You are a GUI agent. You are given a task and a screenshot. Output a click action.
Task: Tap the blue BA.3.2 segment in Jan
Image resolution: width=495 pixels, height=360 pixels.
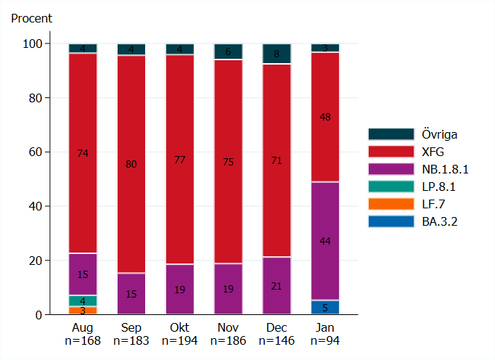pos(325,308)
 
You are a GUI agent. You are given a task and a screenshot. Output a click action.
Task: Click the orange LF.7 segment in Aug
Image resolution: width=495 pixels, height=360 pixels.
pos(83,311)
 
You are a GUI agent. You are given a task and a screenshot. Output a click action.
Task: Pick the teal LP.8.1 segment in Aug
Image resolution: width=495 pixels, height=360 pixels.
pos(83,300)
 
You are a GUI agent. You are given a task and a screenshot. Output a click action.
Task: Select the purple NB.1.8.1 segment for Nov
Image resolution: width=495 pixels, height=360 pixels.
pos(228,289)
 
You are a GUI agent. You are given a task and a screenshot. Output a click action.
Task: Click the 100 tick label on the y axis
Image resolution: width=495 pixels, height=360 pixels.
pos(34,44)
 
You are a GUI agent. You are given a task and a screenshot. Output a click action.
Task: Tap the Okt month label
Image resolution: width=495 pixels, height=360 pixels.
pos(179,328)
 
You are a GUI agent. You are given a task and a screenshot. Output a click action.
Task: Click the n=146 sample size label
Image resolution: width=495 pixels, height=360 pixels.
pos(277,340)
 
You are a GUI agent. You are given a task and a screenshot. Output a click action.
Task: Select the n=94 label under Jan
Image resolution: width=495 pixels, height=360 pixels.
pos(325,340)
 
